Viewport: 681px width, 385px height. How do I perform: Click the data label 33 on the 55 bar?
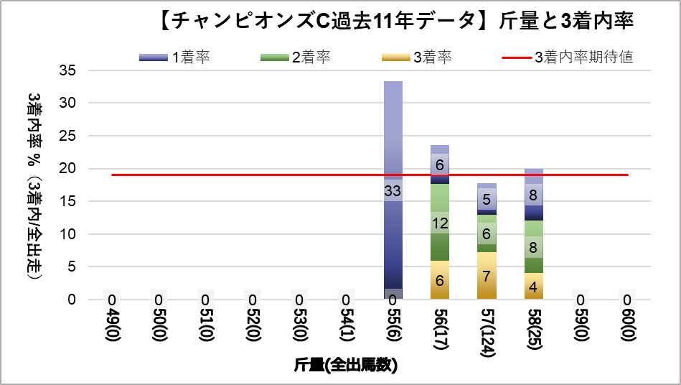click(x=393, y=191)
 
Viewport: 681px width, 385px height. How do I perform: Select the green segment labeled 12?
click(x=440, y=223)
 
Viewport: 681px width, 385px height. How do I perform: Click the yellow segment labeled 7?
click(x=487, y=276)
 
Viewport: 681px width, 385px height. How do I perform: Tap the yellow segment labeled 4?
click(x=533, y=286)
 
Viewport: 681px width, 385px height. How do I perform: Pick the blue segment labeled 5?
click(x=487, y=200)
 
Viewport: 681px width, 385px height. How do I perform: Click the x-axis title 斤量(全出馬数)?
click(x=345, y=366)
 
